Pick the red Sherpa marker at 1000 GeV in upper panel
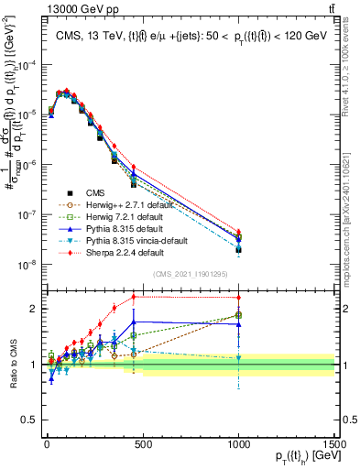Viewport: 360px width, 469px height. pos(238,233)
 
